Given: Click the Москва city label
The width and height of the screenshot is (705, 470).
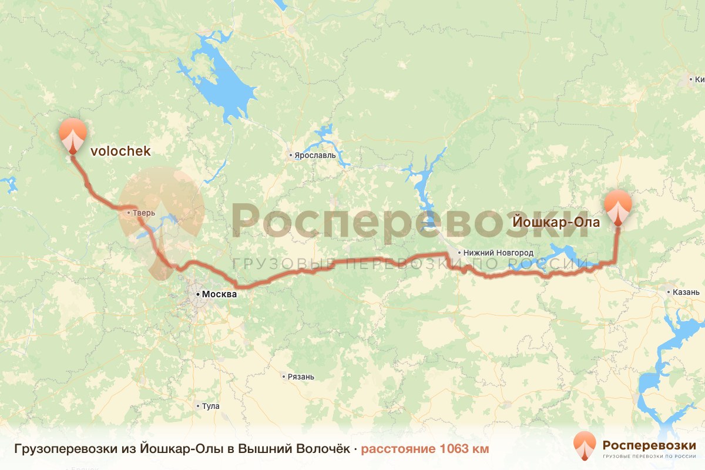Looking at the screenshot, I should [219, 294].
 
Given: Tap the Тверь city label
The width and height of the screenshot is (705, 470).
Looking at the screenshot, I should [144, 213].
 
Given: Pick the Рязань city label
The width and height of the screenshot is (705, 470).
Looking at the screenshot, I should [301, 377].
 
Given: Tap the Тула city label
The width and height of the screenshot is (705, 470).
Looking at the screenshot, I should [210, 406].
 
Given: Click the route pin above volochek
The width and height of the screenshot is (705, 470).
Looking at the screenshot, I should [73, 135].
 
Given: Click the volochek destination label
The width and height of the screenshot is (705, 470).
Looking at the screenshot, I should [120, 152].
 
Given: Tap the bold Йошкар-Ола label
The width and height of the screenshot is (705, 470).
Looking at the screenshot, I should [556, 223].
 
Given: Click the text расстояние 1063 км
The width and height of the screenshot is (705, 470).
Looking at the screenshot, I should [425, 449].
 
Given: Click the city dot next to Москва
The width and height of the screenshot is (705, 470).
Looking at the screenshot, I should [197, 294].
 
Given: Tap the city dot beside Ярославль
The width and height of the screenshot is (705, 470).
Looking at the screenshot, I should [290, 156].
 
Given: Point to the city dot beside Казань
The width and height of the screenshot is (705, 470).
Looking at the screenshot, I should [670, 292].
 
